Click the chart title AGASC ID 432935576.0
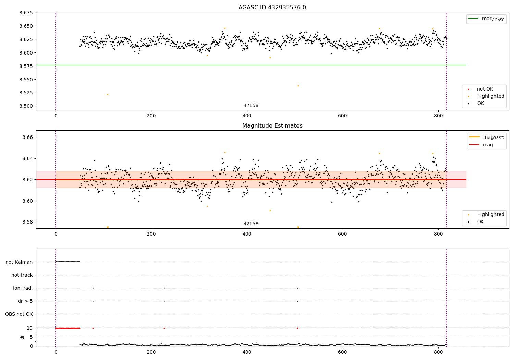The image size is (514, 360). click(x=272, y=8)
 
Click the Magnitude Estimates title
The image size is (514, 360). click(x=272, y=126)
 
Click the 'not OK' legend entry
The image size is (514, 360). click(x=485, y=89)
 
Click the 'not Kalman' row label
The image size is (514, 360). click(x=19, y=262)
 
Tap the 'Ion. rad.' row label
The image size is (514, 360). click(x=23, y=288)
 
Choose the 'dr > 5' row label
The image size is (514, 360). click(x=25, y=301)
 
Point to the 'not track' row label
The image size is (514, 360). click(x=22, y=275)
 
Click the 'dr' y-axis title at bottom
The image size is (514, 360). click(x=22, y=337)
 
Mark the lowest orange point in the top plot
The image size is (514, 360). click(x=108, y=94)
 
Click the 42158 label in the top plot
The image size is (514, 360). click(x=251, y=106)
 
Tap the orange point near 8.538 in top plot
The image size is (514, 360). click(x=298, y=86)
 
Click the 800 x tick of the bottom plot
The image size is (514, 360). click(x=438, y=352)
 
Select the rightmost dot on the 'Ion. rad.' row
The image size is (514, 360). click(x=297, y=288)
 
